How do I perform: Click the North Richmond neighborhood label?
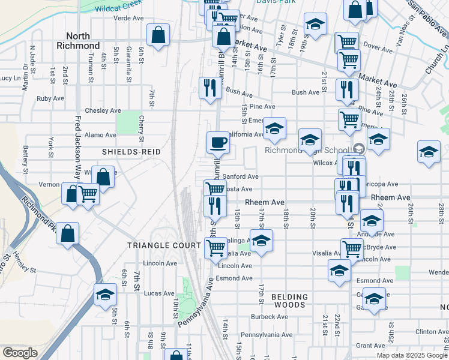(78, 41)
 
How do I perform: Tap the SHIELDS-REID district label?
(131, 152)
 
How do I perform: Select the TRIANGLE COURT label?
(164, 246)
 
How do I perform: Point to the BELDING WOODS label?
(289, 301)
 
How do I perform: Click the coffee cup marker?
(218, 143)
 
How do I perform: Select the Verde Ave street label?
(128, 19)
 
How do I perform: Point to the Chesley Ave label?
(103, 111)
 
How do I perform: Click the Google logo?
(19, 353)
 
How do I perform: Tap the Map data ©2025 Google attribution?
(411, 355)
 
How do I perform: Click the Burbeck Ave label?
(267, 317)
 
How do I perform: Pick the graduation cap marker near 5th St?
(105, 295)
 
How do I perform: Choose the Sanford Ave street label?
(240, 177)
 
